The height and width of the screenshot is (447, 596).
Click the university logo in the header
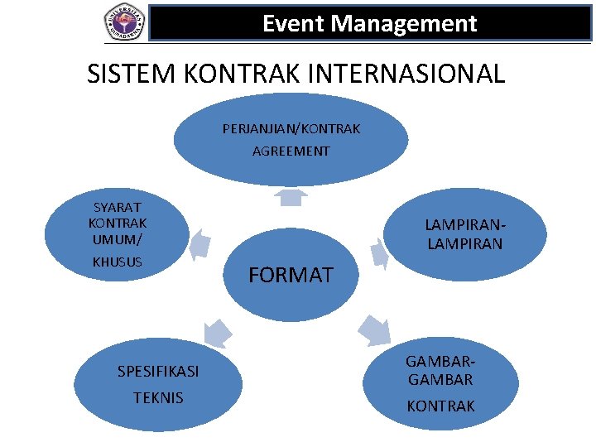tap(124, 22)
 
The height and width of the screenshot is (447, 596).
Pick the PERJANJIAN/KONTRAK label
tap(291, 129)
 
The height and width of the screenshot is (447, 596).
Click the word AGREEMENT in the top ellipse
tap(291, 151)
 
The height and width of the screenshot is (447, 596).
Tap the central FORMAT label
tap(291, 275)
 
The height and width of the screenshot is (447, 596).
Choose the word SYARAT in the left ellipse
tap(118, 207)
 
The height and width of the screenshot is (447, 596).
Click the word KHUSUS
tap(118, 262)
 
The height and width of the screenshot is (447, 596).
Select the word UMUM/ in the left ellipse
tap(118, 239)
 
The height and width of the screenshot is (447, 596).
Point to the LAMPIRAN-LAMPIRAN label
tap(464, 234)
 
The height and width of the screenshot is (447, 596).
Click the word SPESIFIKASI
tap(158, 372)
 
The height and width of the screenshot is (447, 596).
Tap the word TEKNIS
tap(158, 398)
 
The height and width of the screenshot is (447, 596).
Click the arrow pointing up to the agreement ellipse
tap(291, 197)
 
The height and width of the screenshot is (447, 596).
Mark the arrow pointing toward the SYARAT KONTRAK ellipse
tap(199, 245)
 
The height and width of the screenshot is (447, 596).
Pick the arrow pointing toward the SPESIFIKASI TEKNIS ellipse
tap(218, 331)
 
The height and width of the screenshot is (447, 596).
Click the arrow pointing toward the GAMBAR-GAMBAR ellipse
tap(373, 330)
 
